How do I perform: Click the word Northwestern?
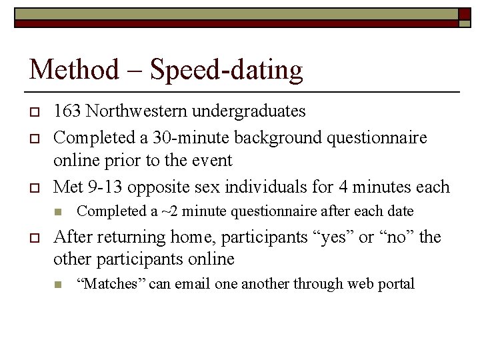(133, 111)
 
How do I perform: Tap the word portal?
(397, 285)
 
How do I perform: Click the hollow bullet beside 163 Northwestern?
(33, 111)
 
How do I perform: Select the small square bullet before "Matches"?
(58, 285)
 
